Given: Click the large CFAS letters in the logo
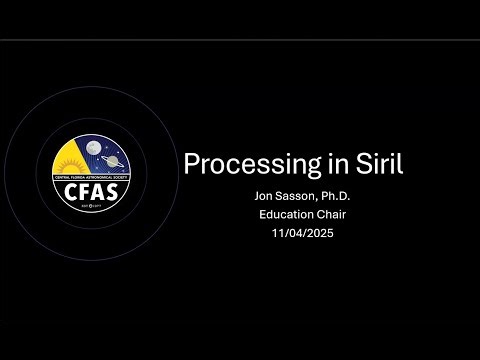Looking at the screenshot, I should coord(90,189).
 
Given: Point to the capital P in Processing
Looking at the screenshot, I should coord(189,165).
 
